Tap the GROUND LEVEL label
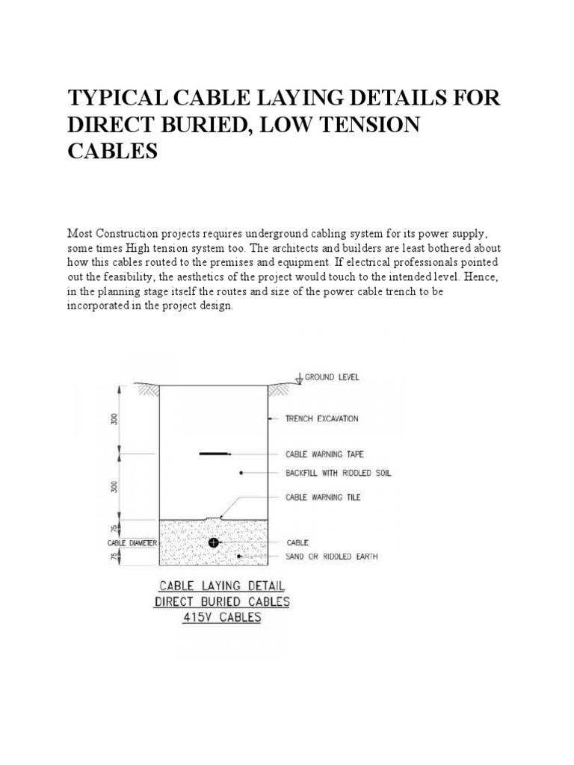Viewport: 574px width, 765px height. tap(330, 377)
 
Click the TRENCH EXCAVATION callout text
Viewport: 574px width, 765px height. tap(321, 419)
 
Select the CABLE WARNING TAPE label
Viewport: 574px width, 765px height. tap(324, 453)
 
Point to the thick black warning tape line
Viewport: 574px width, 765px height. tap(214, 453)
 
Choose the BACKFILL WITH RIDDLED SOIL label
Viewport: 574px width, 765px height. tap(338, 473)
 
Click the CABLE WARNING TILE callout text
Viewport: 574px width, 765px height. tap(323, 497)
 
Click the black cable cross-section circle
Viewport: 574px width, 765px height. tap(214, 542)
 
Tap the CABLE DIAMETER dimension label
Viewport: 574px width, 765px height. tap(132, 542)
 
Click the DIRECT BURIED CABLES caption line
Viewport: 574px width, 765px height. tap(222, 601)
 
